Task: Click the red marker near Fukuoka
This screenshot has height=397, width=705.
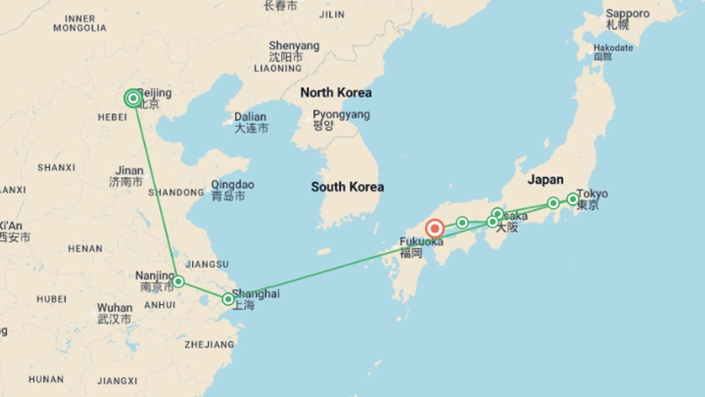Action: coord(435,229)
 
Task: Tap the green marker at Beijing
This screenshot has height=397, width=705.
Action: coord(133,98)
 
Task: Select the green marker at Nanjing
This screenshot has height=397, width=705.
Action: coord(178,282)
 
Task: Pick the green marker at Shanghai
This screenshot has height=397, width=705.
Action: coord(228,299)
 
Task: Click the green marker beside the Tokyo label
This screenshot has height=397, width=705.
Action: coord(573,199)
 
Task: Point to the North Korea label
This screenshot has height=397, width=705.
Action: coord(336,93)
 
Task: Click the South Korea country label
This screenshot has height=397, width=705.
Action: coord(347,187)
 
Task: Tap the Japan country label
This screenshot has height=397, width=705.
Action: coord(545,179)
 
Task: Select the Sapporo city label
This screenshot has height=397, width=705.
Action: coord(627,14)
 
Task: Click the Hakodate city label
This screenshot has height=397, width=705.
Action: coord(613,48)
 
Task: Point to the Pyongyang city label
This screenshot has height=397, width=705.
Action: coord(341,115)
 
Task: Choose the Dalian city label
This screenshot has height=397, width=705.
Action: coord(250,117)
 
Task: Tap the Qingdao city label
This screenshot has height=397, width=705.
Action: coord(232,185)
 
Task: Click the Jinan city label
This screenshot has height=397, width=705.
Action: coord(129,171)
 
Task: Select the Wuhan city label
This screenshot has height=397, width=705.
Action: coord(115,308)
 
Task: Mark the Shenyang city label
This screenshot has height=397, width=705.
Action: coord(294,46)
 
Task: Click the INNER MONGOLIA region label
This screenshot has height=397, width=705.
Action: coord(80,23)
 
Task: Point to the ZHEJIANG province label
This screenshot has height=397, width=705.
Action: coord(209,345)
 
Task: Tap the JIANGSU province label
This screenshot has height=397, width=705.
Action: coord(207,264)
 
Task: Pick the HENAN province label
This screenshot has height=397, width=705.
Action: coord(85,249)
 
